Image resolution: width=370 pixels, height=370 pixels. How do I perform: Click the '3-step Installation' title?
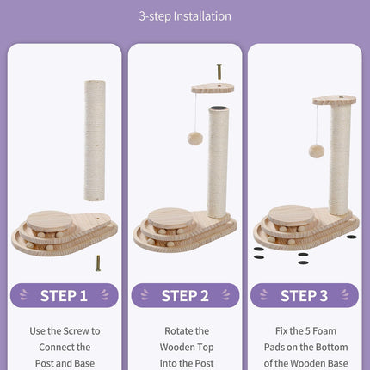tap(185, 16)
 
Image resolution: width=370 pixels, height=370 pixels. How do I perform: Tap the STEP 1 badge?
tap(64, 296)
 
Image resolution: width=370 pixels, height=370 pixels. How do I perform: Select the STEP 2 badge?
tap(185, 296)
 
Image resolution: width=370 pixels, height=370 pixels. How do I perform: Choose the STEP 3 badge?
tap(305, 296)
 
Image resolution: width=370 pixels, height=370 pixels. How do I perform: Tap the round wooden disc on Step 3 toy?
tap(291, 213)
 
